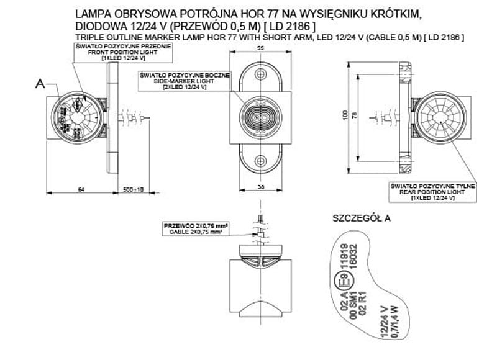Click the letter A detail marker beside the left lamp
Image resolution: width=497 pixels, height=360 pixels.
point(40,85)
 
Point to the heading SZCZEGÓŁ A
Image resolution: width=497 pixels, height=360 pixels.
point(362,218)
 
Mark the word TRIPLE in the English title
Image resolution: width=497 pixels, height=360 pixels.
point(87,38)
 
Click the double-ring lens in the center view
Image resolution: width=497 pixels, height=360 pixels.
point(260,116)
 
